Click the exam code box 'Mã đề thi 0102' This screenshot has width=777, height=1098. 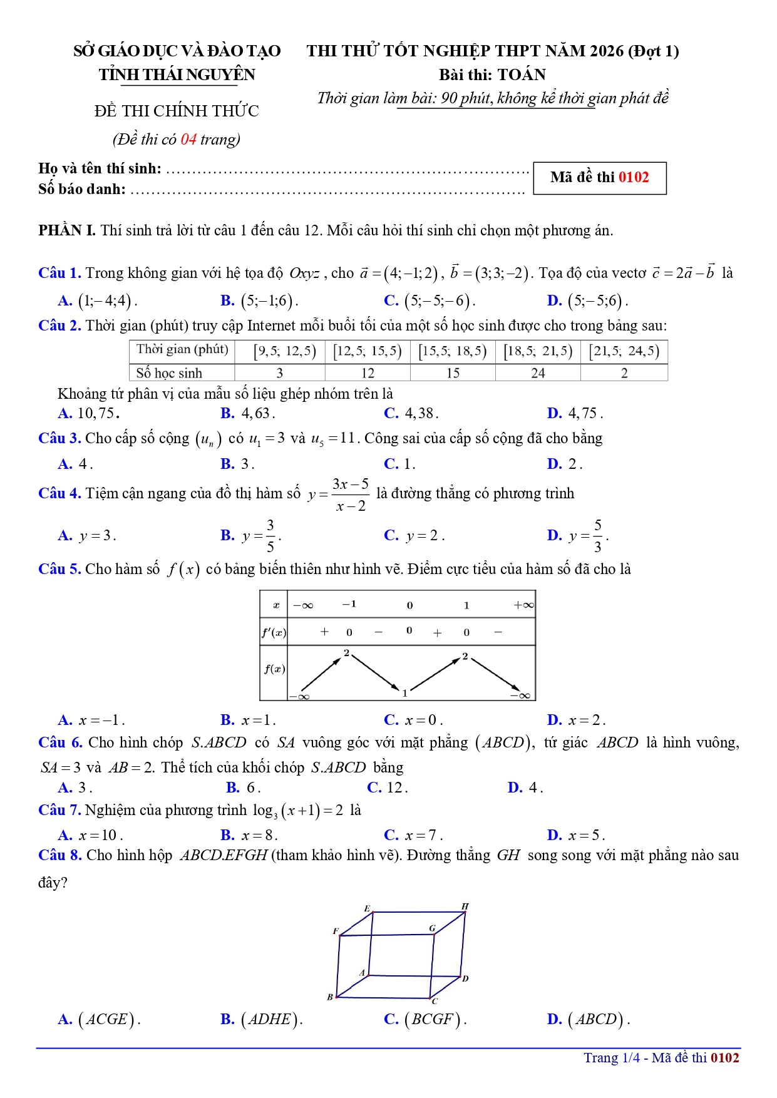pos(599,178)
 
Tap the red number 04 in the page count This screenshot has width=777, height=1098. pos(188,140)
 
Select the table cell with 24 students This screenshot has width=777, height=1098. pos(538,373)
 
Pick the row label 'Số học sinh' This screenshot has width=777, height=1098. pos(169,373)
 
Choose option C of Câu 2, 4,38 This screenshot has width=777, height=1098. pos(411,413)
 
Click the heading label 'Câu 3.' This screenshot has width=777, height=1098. pos(59,438)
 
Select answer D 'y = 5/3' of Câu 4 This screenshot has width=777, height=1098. pos(578,536)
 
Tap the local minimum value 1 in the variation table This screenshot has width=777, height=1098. pos(405,693)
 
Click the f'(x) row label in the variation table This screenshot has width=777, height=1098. pos(274,632)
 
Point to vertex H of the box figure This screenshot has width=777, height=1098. pos(465,906)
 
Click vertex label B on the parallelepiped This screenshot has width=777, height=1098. pos(330,997)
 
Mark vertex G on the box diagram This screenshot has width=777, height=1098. pos(432,928)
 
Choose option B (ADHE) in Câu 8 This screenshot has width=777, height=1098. pos(262,1020)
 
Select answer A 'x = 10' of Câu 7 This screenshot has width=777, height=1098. pos(91,835)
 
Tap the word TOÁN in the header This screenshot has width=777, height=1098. pos(522,75)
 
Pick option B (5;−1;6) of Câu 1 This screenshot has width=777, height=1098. pos(259,301)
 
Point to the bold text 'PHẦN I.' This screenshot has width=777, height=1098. pos(67,230)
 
